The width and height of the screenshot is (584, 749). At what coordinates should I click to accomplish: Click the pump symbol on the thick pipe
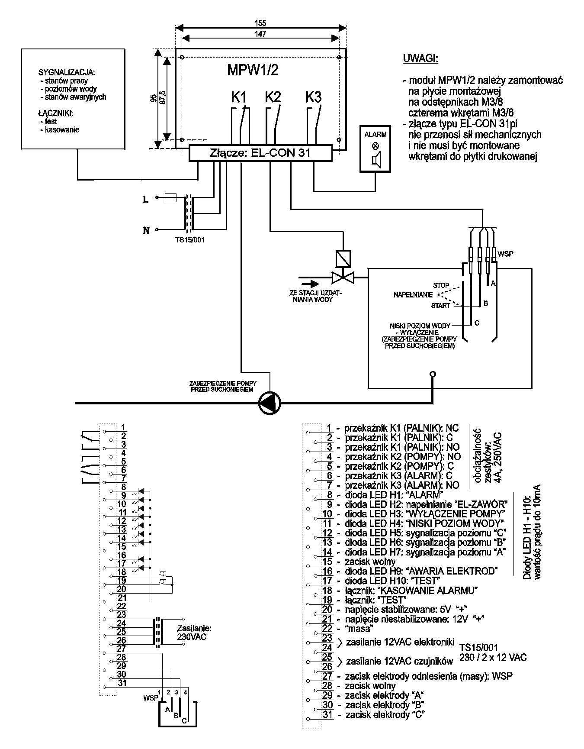(270, 404)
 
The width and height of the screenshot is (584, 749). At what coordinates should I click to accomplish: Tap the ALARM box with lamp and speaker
(375, 149)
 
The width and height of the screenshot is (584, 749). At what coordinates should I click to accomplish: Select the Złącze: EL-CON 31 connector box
(260, 153)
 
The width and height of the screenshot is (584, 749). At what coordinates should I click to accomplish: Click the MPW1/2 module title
(253, 70)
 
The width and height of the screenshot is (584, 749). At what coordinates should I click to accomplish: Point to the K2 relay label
(273, 97)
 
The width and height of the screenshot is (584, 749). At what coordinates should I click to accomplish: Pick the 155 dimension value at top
(260, 23)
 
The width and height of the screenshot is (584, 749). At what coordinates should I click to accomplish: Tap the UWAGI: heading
(420, 59)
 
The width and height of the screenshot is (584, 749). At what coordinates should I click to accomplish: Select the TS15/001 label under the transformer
(187, 239)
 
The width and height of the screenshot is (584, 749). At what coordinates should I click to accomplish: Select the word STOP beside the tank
(441, 285)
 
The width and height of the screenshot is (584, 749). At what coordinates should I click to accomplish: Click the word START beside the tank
(441, 306)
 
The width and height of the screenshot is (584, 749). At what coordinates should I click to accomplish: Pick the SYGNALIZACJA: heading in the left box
(67, 72)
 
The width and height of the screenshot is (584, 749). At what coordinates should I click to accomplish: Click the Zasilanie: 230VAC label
(194, 633)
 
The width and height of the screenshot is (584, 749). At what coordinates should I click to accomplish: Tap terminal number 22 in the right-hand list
(327, 628)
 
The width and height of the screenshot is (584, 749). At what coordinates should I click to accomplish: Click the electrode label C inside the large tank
(477, 323)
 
